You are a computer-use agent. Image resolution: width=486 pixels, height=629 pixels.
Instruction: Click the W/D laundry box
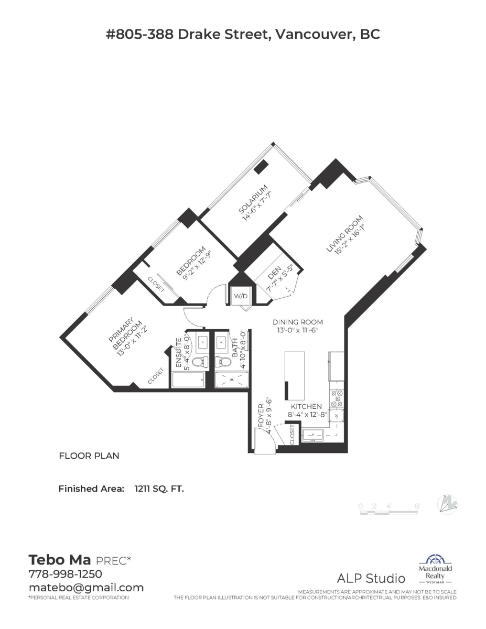coord(241,296)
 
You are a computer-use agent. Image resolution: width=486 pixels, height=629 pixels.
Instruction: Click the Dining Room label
coord(297,322)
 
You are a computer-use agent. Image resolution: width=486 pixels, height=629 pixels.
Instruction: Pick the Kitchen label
coord(307,406)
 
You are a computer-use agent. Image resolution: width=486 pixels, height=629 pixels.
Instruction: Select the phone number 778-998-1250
coord(65,574)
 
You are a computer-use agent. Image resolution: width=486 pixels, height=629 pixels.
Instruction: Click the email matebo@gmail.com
coord(86,587)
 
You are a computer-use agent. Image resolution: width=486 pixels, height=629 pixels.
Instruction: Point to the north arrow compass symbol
coord(449,504)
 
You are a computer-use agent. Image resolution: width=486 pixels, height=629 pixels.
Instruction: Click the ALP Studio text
coord(371,579)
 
